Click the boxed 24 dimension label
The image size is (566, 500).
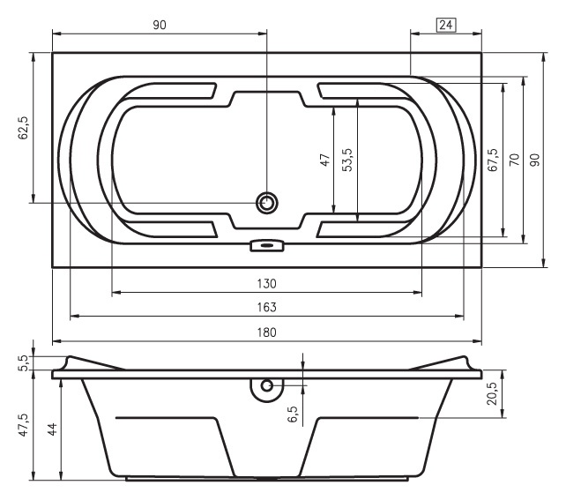pos(446,25)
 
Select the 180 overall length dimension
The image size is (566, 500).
pos(267,332)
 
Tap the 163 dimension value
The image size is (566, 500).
pos(267,307)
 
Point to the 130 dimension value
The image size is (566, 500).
pos(267,283)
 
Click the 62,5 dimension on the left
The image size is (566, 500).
pos(24,128)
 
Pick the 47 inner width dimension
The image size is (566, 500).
pos(324,160)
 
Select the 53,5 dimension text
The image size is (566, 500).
pos(348,160)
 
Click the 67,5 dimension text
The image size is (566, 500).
pos(493,160)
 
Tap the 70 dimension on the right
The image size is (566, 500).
pos(514,160)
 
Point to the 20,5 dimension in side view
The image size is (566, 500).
pos(493,393)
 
